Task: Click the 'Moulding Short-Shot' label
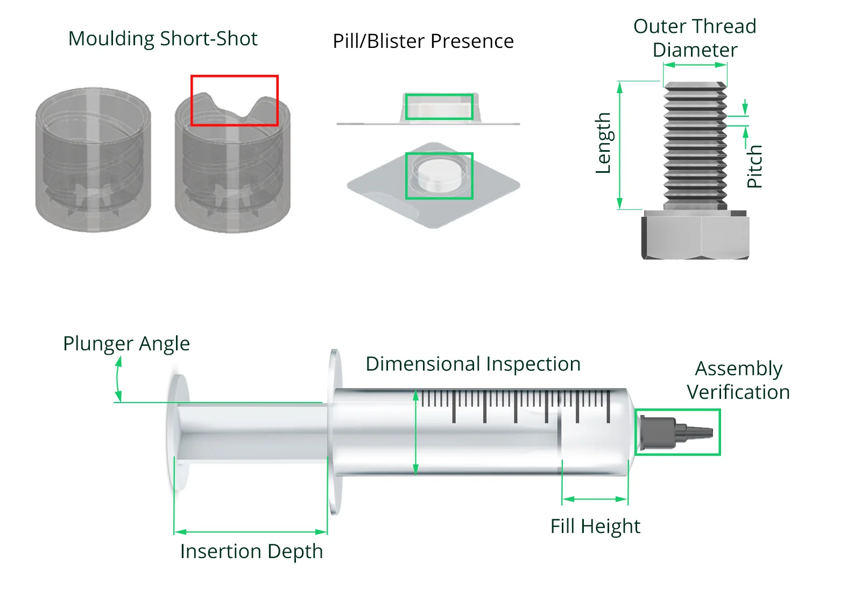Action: coord(163,39)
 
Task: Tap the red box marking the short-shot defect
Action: coord(235,101)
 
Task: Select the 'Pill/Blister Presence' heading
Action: coord(423,41)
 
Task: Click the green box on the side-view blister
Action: coord(439,107)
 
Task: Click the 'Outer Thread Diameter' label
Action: coord(695,38)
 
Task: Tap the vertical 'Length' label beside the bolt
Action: coord(603,143)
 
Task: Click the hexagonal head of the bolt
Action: coord(695,235)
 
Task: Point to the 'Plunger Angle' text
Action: coord(126,343)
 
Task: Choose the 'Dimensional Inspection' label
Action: coord(473,364)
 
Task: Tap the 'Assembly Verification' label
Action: coord(738,380)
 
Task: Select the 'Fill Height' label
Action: coord(595,526)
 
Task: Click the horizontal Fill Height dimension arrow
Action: coord(595,499)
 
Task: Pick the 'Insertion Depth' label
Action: coord(251,551)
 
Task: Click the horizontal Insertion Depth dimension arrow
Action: coord(251,532)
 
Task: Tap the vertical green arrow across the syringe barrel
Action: coord(415,432)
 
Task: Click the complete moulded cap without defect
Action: coord(93,160)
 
